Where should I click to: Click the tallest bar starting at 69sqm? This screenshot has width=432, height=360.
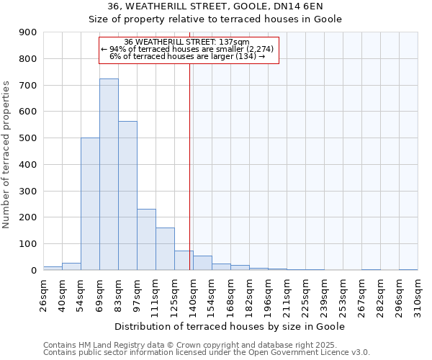(109, 174)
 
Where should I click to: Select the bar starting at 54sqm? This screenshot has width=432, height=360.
(90, 204)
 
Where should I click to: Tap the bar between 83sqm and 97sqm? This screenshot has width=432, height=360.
(127, 195)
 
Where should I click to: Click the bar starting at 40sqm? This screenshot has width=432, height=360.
(71, 266)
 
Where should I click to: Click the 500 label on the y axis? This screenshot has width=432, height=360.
(28, 138)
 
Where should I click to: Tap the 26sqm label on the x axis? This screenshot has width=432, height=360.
(43, 295)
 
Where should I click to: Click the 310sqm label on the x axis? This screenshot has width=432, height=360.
(418, 295)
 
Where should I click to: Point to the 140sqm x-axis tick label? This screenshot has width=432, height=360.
(193, 295)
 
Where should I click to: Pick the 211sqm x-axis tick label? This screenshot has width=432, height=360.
(287, 295)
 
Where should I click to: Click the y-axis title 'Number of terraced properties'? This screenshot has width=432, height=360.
(7, 155)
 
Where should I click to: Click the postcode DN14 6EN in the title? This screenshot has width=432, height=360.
(314, 25)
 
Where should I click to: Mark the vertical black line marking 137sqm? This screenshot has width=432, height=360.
(189, 166)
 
